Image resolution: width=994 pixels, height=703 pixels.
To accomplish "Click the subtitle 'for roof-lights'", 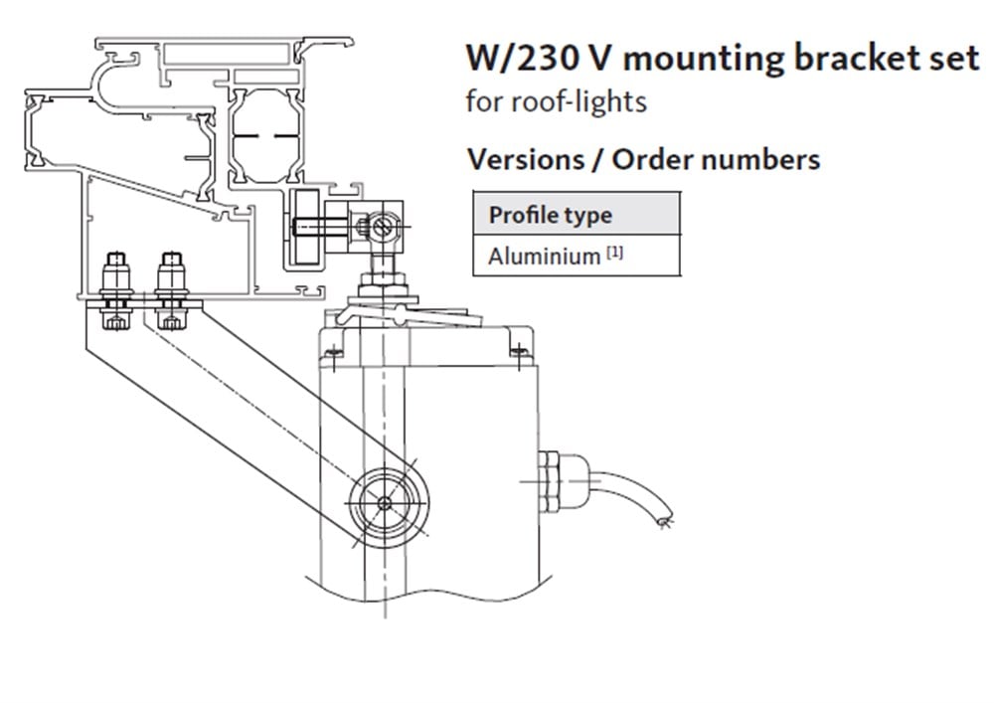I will tap(556, 101).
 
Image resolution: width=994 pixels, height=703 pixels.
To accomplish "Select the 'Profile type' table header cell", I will tap(550, 215).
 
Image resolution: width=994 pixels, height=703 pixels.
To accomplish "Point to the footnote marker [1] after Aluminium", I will tap(615, 253).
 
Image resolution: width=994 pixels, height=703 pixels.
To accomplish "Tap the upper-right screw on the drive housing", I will tap(516, 349).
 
